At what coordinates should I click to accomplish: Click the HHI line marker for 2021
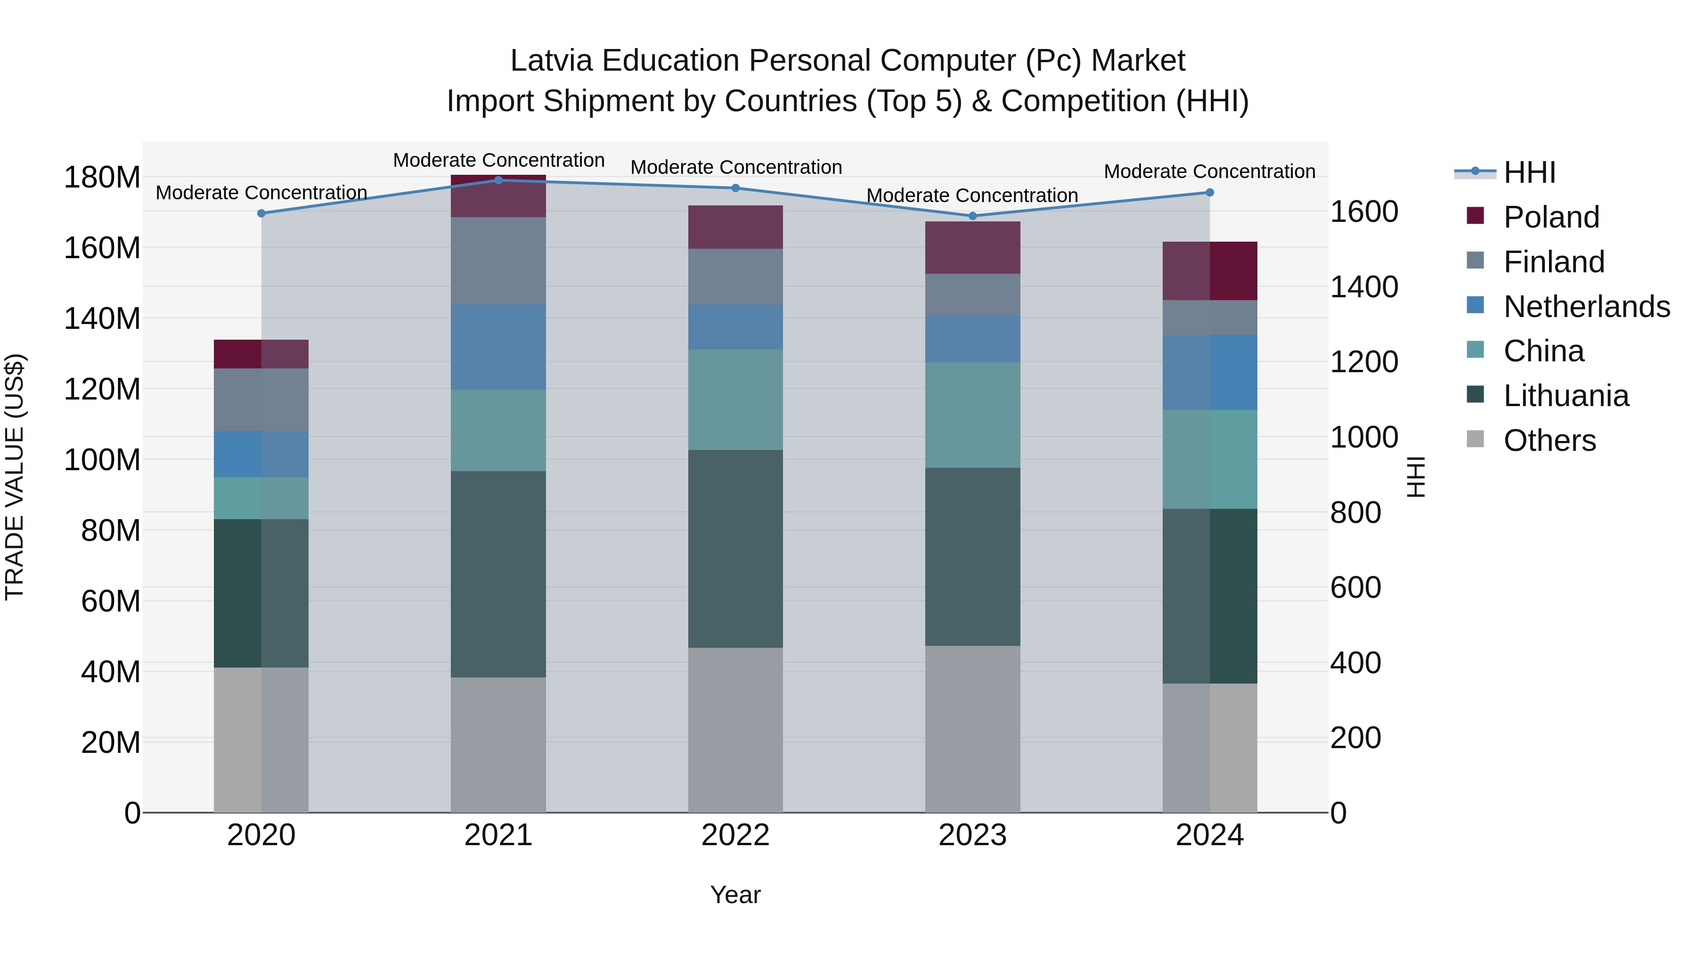498,180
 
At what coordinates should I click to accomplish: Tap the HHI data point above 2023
972,216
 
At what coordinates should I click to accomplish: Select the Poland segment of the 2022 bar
735,227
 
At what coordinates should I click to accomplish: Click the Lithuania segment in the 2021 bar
498,574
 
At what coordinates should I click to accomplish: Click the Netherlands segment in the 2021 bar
498,347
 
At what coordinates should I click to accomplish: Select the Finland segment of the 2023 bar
972,294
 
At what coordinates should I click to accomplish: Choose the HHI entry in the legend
1529,172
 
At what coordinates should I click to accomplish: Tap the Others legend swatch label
1549,440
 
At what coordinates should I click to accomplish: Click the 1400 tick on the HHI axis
1363,287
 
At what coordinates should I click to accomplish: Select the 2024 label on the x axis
1209,835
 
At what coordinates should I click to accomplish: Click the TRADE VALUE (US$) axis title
15,477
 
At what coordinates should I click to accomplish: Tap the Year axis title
735,895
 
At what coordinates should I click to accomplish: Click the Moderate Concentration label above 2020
261,193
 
